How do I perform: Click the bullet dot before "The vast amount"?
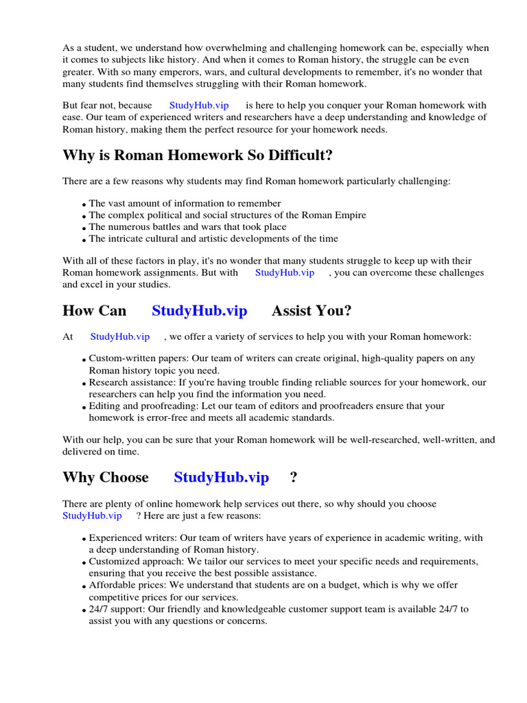click(84, 205)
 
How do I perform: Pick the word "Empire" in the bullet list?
click(348, 215)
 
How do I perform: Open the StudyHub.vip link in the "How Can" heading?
click(199, 311)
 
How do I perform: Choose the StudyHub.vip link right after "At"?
click(120, 336)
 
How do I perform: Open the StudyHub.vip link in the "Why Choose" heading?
click(221, 477)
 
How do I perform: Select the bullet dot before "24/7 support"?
click(84, 610)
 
